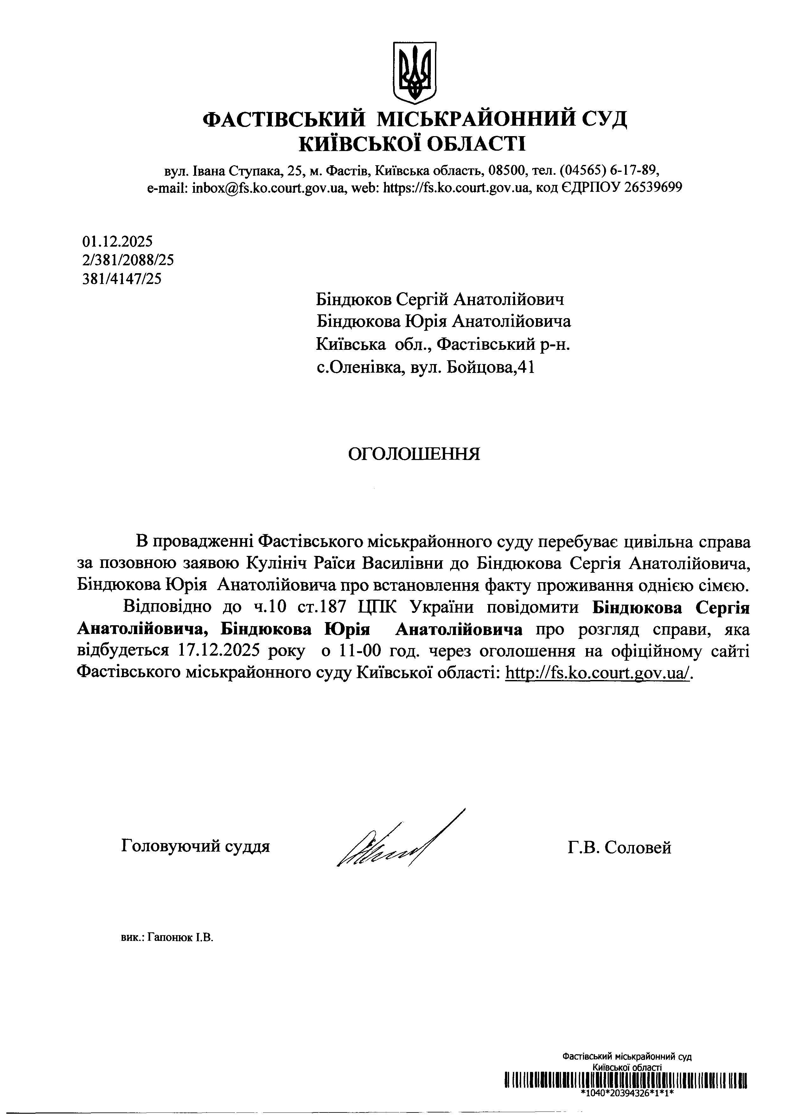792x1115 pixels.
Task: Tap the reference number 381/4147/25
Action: click(x=122, y=279)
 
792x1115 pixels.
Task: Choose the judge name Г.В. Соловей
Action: click(x=619, y=847)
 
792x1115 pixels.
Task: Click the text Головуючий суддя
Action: click(x=195, y=846)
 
